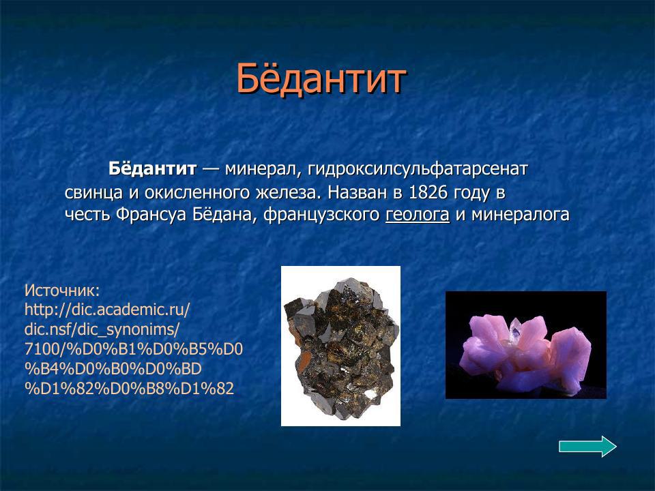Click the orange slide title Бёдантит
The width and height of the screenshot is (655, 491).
tap(321, 79)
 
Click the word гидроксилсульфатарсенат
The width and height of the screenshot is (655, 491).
tap(418, 168)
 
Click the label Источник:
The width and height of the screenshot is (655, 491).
tap(62, 291)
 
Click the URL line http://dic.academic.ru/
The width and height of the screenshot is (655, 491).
tap(107, 310)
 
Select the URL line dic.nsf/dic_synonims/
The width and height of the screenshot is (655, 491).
tap(102, 330)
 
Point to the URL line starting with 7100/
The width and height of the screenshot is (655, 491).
tap(134, 349)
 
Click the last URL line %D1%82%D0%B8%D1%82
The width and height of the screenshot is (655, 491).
tap(129, 389)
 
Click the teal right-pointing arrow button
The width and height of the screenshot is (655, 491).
tap(587, 447)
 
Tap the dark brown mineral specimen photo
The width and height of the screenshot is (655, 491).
tap(340, 346)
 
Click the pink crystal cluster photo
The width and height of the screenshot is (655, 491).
tap(525, 345)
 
